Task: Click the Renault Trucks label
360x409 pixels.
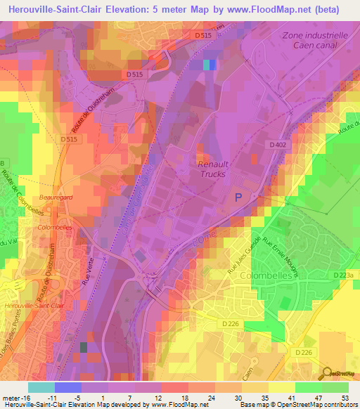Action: pyautogui.click(x=211, y=168)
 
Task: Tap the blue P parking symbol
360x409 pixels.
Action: pyautogui.click(x=238, y=199)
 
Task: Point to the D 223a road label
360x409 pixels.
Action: pyautogui.click(x=345, y=275)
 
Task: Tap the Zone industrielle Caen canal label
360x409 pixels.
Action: pyautogui.click(x=314, y=40)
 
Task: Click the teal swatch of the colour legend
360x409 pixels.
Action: pyautogui.click(x=41, y=387)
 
